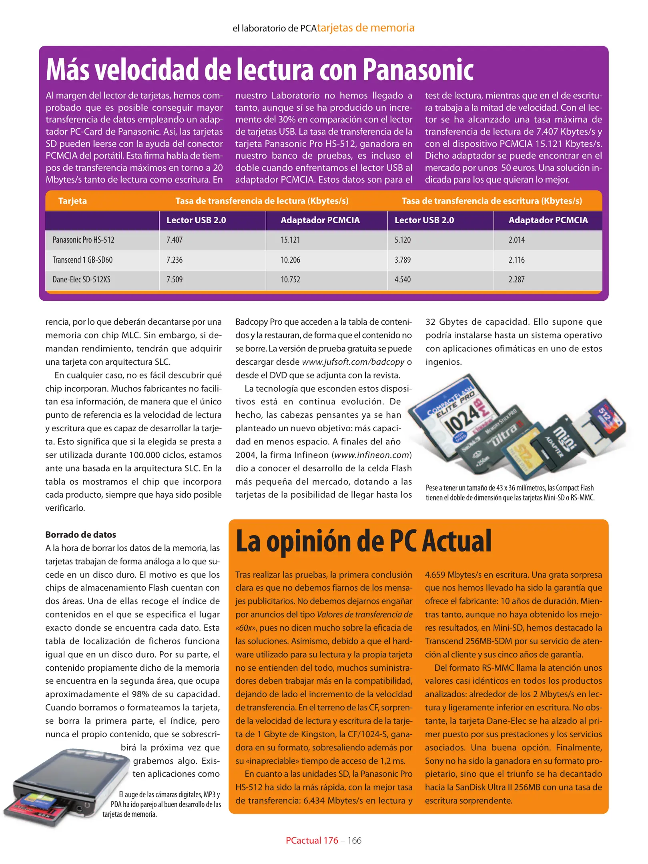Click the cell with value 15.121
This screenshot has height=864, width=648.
290,240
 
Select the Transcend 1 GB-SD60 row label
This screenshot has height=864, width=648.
82,260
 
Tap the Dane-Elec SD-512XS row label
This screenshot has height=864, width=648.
81,280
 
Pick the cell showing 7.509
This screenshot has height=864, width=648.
175,280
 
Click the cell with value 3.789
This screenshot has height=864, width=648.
403,260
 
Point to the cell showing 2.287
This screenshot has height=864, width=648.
516,280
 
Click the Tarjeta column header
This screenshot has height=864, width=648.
72,201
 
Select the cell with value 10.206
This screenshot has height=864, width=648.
290,260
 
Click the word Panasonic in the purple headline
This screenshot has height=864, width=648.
418,70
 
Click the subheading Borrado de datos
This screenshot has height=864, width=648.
80,534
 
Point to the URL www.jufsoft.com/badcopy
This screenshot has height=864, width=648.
353,362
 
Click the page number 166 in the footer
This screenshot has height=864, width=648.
354,840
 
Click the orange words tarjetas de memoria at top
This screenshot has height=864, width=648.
365,28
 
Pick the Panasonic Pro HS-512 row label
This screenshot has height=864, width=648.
83,240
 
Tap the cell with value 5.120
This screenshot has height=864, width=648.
403,240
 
